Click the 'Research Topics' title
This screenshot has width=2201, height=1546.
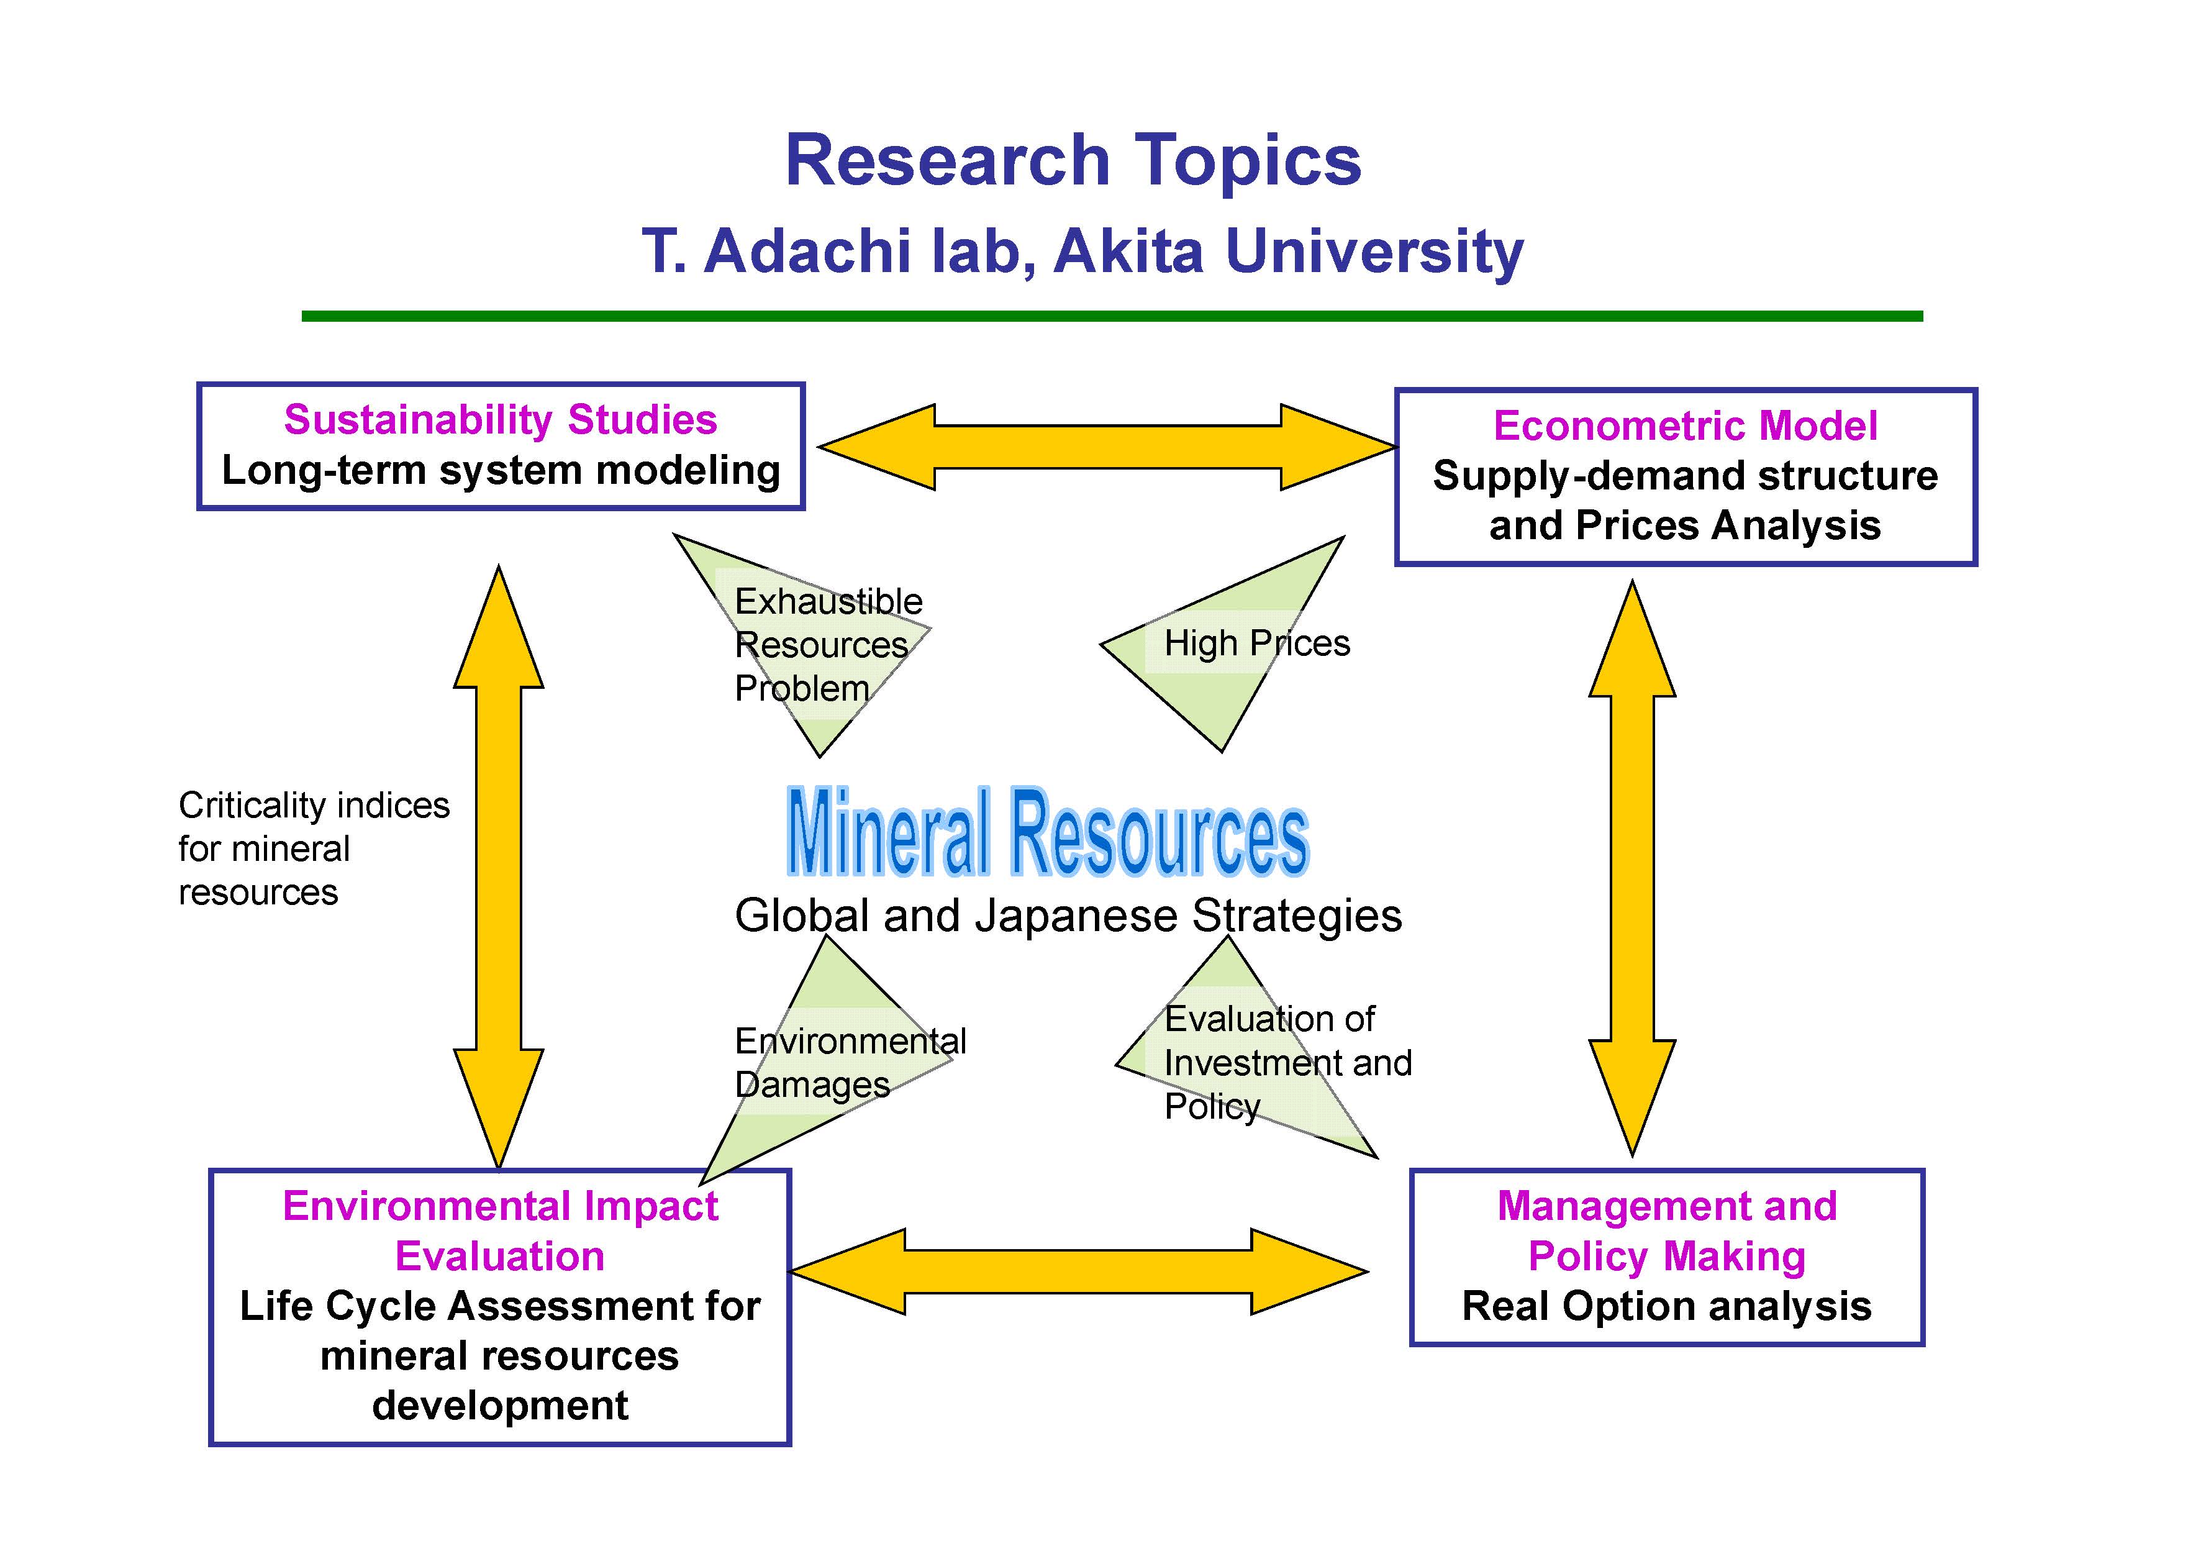[x=1073, y=160]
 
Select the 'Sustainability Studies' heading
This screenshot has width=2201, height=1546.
[x=501, y=420]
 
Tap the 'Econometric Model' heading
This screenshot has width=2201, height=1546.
[x=1686, y=425]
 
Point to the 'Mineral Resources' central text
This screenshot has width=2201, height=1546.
[x=1048, y=831]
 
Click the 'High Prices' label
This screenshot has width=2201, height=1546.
[x=1257, y=643]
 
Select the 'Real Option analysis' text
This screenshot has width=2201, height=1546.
[x=1666, y=1306]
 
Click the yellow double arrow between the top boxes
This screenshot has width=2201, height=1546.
[x=1107, y=447]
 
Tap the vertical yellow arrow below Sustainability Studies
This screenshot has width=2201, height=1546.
[x=499, y=867]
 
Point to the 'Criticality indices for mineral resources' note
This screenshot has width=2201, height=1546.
[x=314, y=848]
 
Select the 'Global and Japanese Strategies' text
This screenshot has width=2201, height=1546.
[x=1068, y=916]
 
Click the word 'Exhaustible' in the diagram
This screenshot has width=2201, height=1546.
[x=828, y=601]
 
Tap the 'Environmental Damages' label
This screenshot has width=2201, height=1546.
[x=850, y=1062]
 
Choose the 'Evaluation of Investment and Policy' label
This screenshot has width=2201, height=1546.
[x=1287, y=1062]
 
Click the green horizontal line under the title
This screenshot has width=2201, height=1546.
[x=1112, y=316]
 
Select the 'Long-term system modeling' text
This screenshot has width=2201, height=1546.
[x=501, y=471]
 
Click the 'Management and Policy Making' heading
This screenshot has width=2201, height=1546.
[x=1667, y=1230]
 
